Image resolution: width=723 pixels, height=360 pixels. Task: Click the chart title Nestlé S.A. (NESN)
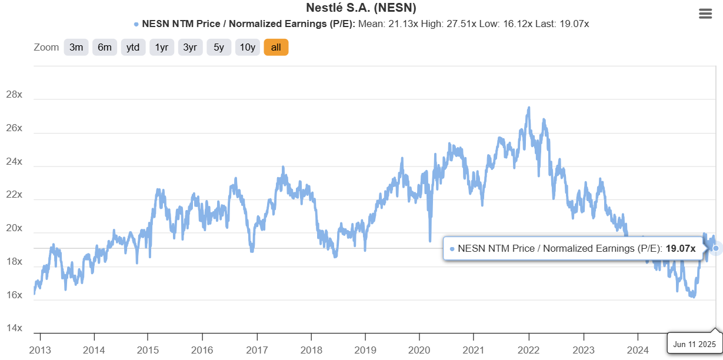361,8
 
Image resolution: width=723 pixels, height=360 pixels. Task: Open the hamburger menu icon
705,14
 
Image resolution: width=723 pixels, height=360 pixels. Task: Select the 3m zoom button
76,48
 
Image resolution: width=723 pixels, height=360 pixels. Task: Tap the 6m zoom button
105,48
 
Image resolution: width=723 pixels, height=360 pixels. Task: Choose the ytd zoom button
134,48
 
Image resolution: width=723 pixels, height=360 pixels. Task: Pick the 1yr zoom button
162,48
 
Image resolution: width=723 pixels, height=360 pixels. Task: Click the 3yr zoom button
190,48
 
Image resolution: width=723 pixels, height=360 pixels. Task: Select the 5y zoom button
219,48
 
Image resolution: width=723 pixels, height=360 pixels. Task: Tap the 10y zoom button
247,48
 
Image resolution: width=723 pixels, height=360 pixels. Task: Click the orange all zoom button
276,48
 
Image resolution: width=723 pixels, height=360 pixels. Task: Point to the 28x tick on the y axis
14,95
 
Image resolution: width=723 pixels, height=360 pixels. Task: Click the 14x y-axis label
14,328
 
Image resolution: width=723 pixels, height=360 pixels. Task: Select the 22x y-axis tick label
14,195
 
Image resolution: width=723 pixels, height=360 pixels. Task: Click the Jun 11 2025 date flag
694,344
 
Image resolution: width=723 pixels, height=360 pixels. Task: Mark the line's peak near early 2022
529,108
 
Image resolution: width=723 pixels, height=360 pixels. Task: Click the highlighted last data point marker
715,248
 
